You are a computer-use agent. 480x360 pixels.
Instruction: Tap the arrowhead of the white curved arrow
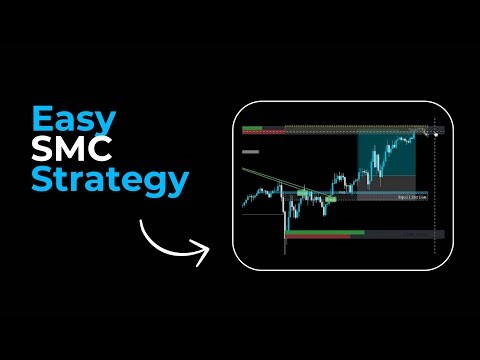tap(204, 252)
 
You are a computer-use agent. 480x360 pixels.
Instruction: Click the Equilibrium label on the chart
tap(405, 197)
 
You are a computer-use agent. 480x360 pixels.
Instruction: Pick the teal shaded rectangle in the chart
tap(385, 155)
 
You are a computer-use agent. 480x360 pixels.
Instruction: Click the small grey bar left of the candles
tap(251, 153)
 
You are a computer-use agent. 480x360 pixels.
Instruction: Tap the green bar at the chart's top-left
tap(252, 127)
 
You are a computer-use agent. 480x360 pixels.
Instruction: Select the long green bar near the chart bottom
tap(325, 233)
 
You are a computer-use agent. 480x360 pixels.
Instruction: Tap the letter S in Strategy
tap(42, 181)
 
